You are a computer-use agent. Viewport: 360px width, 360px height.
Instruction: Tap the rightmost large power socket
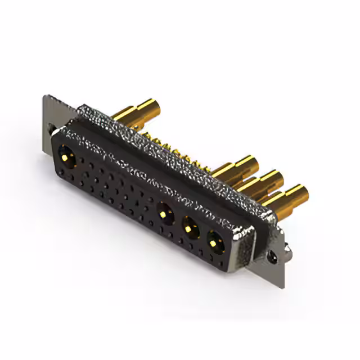tap(215, 242)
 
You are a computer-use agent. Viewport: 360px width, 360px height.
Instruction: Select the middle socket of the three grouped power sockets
tap(191, 228)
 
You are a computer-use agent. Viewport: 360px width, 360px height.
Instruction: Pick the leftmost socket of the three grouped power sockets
tap(166, 214)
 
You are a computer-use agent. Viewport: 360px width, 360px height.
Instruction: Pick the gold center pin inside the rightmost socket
tap(215, 242)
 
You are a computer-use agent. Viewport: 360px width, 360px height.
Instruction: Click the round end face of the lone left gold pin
tap(151, 107)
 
